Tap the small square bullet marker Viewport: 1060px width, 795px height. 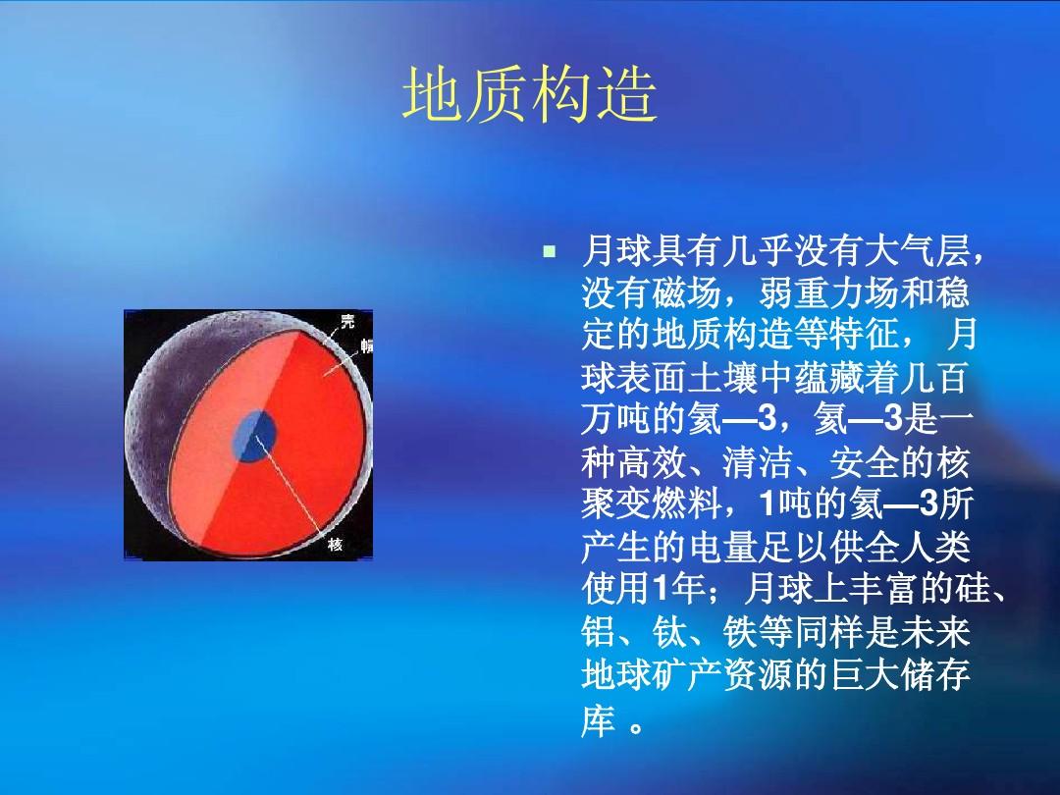point(549,252)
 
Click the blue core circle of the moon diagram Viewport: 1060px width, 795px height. point(254,436)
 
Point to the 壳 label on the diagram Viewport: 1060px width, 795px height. point(346,320)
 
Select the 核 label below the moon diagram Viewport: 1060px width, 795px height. point(336,544)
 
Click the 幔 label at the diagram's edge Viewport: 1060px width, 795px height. point(366,346)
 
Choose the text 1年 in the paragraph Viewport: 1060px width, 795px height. point(679,589)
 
